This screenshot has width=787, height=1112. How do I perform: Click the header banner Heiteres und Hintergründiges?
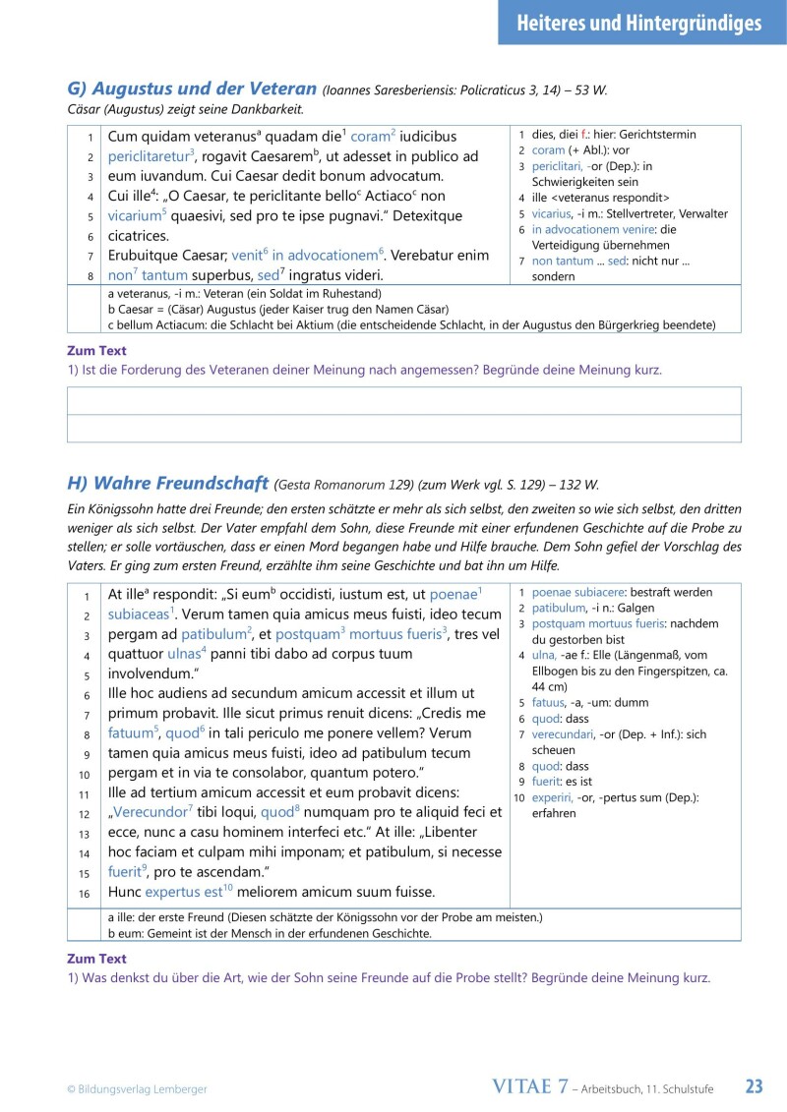click(x=638, y=23)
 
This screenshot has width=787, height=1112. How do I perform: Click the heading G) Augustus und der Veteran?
click(x=192, y=88)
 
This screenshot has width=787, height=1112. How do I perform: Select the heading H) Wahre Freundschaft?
click(x=168, y=483)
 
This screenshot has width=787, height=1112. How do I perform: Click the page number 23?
click(x=754, y=1086)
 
